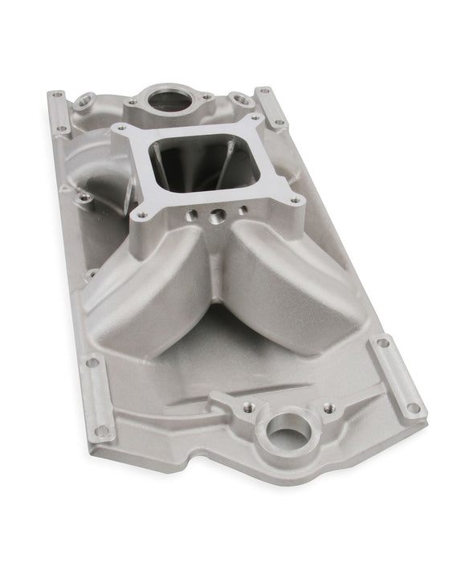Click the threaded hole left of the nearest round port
pyautogui.click(x=222, y=398)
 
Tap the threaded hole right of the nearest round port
pyautogui.click(x=328, y=409)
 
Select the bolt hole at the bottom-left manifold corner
pyautogui.click(x=102, y=430)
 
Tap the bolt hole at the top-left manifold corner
pyautogui.click(x=57, y=95)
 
